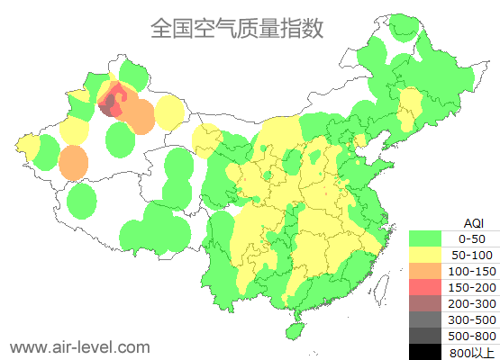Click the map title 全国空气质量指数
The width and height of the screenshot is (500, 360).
click(236, 28)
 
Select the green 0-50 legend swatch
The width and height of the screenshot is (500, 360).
click(425, 238)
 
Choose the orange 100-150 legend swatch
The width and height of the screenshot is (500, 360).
click(425, 271)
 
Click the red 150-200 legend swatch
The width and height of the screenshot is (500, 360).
click(425, 287)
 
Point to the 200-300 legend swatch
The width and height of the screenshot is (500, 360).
click(425, 303)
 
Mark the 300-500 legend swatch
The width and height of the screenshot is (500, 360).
click(425, 319)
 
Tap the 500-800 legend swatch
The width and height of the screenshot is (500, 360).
click(425, 336)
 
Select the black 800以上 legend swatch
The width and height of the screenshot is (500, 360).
click(425, 352)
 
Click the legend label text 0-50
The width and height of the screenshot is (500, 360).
click(472, 238)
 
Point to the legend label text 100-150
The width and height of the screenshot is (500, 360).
click(472, 271)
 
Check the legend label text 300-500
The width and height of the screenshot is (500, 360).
click(472, 319)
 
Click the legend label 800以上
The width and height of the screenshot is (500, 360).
click(472, 352)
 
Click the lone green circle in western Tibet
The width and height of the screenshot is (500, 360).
click(81, 201)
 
